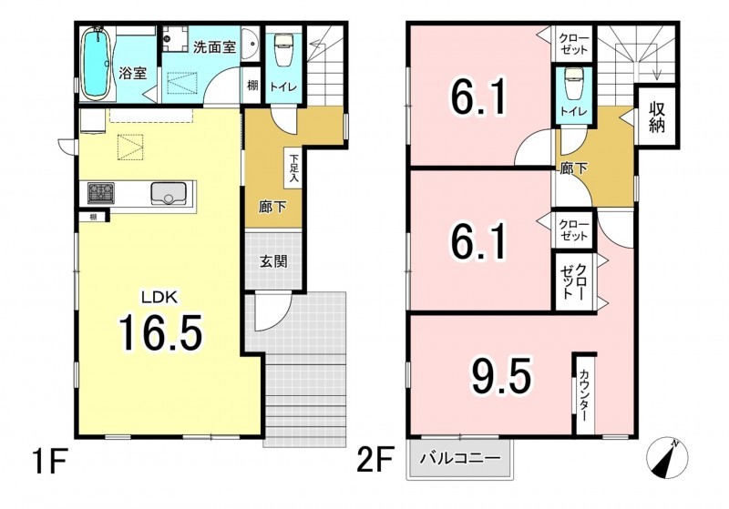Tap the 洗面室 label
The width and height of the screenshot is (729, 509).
pos(214,47)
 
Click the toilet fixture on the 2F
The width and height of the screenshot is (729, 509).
pos(573,84)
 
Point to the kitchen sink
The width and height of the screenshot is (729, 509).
pos(169,193)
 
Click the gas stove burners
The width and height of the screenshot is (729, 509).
pos(101,192)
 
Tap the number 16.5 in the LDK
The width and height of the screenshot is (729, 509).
pos(161,332)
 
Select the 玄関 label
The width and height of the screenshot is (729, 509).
pos(273,261)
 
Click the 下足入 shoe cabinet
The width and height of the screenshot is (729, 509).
pos(293,168)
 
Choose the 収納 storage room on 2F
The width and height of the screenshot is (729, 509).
pos(656,117)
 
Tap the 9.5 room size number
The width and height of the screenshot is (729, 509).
pos(501,376)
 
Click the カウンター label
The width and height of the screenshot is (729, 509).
pos(584,395)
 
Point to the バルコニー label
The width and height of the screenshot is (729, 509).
pos(461,459)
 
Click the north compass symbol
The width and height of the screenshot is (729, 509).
pos(667,458)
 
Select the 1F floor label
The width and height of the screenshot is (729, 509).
pos(50,460)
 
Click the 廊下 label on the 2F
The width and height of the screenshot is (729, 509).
pos(573,168)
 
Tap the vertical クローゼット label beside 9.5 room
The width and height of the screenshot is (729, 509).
pos(574,282)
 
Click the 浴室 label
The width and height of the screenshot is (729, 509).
pos(132,73)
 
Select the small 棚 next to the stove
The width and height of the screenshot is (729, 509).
pos(94,217)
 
